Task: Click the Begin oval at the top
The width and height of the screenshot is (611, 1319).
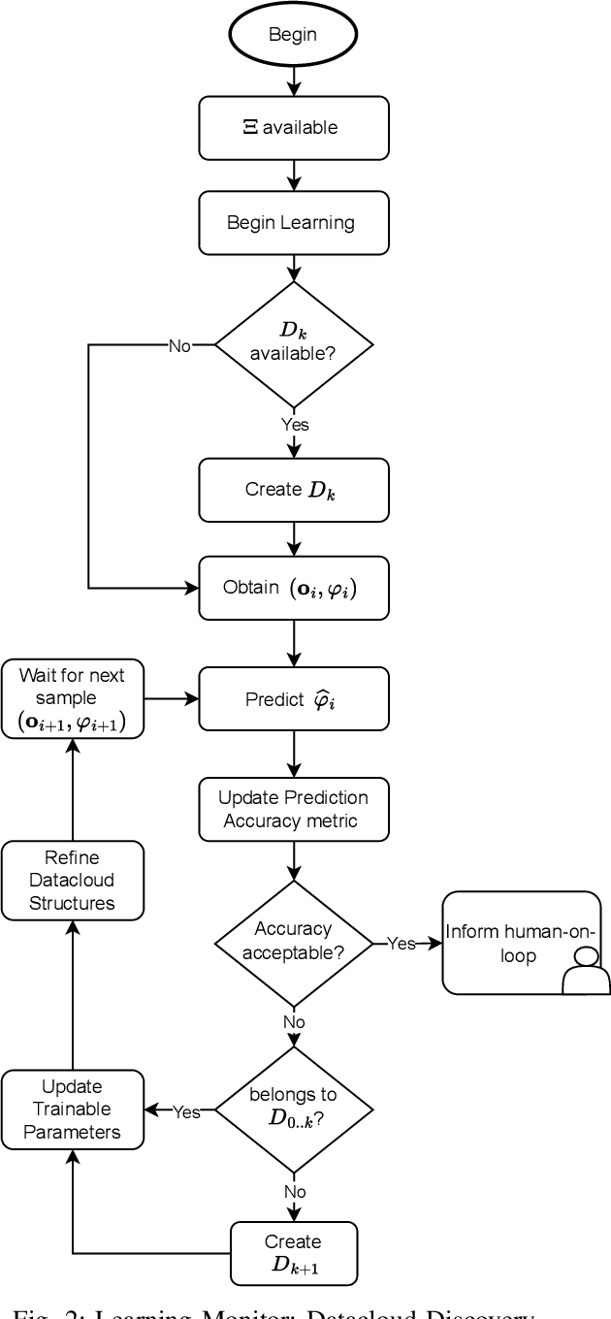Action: point(293,34)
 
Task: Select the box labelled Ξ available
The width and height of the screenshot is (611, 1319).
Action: point(293,128)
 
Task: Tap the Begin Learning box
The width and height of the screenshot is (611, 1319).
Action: point(293,222)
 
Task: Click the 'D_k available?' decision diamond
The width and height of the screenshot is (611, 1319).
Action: point(293,344)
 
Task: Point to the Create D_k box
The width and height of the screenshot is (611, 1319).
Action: point(293,490)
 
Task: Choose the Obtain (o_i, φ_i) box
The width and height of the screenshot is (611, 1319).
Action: point(293,588)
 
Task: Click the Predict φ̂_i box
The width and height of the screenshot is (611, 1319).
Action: point(293,697)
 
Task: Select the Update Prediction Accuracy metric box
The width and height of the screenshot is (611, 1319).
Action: point(293,809)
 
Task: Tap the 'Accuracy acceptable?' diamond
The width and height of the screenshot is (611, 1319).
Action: point(293,941)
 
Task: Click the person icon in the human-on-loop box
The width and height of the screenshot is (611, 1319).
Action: point(586,970)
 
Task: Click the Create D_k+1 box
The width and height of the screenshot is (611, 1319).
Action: point(293,1253)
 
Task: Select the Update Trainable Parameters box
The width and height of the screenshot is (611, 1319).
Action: point(73,1109)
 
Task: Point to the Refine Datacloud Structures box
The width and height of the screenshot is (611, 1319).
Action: point(73,880)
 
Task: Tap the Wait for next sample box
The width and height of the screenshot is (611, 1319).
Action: point(73,697)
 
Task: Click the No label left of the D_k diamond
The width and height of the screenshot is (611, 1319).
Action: point(179,346)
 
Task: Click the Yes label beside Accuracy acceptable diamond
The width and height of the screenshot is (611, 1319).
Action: point(401,943)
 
